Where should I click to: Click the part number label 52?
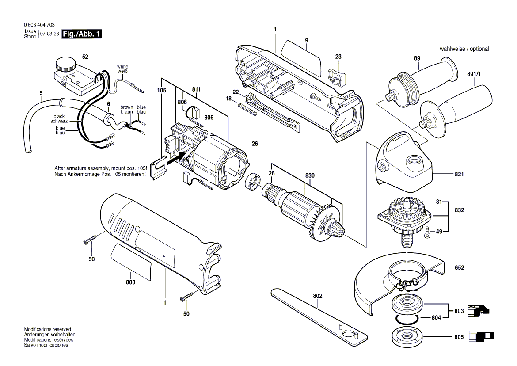tap(85, 57)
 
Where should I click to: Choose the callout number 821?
tap(460, 175)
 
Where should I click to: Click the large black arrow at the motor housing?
tap(180, 156)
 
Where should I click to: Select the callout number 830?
tap(310, 176)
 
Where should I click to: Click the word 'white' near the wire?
tap(122, 66)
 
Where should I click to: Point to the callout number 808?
tap(130, 282)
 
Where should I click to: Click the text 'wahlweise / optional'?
tap(464, 49)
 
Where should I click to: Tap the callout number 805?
tap(460, 337)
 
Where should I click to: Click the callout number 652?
tap(460, 268)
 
